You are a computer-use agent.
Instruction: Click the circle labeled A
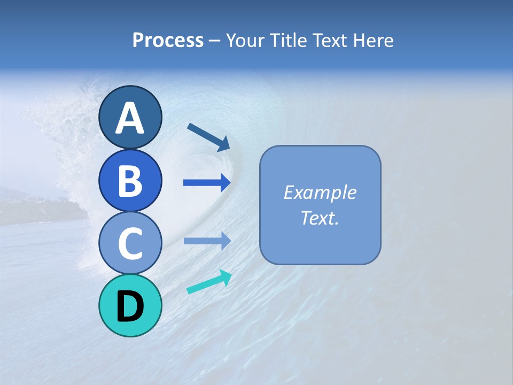[130, 117]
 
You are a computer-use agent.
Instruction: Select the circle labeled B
[130, 180]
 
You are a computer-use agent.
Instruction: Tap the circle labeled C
[130, 243]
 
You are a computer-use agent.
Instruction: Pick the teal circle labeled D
[130, 305]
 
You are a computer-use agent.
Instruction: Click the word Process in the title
[168, 41]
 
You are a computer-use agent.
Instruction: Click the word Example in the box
[320, 192]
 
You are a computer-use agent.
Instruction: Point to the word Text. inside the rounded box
[320, 218]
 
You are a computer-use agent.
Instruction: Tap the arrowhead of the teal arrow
[224, 277]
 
